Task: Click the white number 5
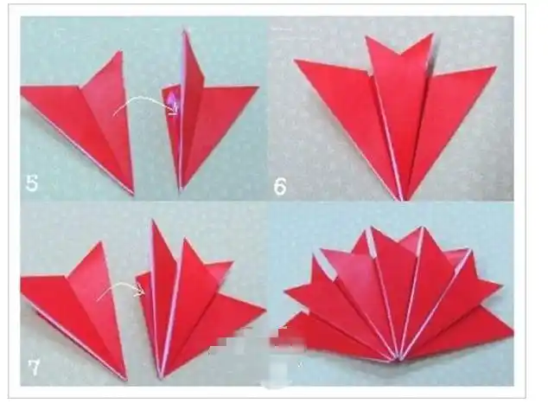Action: (x=31, y=183)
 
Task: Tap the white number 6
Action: (x=280, y=186)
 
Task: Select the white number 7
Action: (x=34, y=368)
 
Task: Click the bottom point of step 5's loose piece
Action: (x=133, y=194)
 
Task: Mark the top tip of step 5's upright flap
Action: (x=184, y=31)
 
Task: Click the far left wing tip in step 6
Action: (x=295, y=61)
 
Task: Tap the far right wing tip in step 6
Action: (x=496, y=67)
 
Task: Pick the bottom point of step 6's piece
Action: (x=402, y=200)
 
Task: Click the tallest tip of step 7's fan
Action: (x=152, y=220)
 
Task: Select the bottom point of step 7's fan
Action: (x=161, y=378)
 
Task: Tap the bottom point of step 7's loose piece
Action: (x=126, y=379)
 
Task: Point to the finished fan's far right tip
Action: (x=513, y=331)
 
